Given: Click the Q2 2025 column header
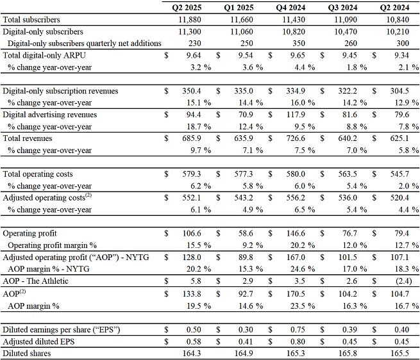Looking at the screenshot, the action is (x=187, y=8).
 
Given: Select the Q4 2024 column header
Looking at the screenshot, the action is (x=290, y=8).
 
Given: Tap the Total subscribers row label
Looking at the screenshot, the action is (x=31, y=20).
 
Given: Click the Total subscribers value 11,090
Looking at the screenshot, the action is (x=346, y=20).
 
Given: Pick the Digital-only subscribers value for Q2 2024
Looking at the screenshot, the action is (x=398, y=31).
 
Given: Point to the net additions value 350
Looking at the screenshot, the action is (x=299, y=44).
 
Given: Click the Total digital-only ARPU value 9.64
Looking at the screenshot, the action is (x=194, y=55).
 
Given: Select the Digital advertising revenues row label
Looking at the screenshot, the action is (x=50, y=115).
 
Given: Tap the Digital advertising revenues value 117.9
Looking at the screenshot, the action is (x=296, y=115).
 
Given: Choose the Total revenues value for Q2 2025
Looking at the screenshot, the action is (x=192, y=138).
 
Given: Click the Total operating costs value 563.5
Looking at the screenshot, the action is (x=348, y=174).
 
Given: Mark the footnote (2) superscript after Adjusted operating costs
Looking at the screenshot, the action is (x=88, y=195).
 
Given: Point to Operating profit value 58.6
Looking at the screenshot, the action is (x=246, y=233).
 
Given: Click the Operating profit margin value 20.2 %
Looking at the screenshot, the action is (x=303, y=245).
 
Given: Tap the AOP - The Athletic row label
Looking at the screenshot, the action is (x=35, y=281).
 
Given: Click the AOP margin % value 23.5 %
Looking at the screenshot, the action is (x=303, y=306).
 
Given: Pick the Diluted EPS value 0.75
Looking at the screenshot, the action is (x=298, y=329).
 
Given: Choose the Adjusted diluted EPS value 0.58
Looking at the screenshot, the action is (x=194, y=341).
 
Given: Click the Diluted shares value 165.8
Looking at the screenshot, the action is (x=348, y=354).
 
